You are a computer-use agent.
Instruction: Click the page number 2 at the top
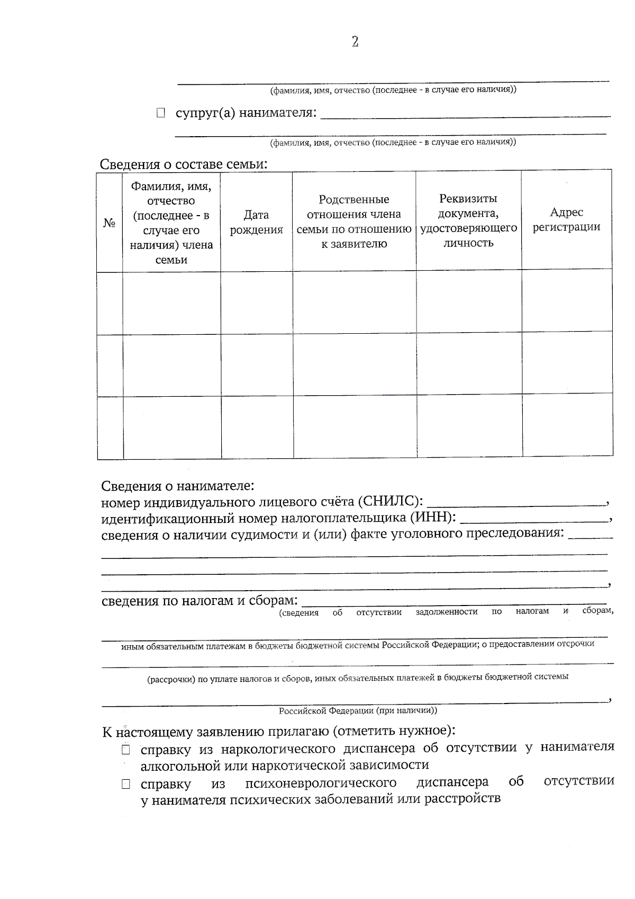355,42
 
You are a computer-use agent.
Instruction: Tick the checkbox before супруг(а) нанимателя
161,113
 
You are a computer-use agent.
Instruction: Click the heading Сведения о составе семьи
184,164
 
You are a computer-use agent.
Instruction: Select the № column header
110,223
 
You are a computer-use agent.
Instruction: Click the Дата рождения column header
256,222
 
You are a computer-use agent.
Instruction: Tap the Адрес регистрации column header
566,219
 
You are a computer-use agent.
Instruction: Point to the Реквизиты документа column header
468,220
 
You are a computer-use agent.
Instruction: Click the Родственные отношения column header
354,221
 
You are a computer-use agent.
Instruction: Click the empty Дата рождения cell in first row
257,303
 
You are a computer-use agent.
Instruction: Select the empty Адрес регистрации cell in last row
567,425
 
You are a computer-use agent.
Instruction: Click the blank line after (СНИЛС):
516,502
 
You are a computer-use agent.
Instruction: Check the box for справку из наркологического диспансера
125,750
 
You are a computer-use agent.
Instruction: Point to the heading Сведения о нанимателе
178,486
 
